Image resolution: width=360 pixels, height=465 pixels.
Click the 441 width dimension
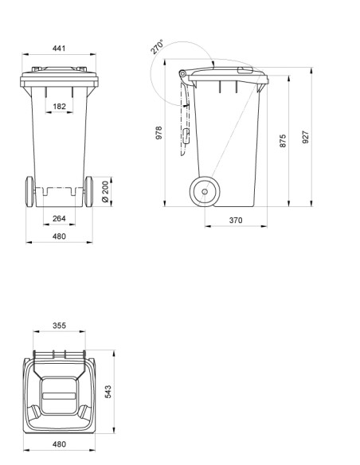59,49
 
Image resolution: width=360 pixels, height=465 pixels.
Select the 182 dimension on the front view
59,105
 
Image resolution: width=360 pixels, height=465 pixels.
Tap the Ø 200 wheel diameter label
105,191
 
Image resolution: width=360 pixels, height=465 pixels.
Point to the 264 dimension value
59,218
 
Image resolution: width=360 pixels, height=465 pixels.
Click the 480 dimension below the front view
59,236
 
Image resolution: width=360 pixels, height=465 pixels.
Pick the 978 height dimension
159,134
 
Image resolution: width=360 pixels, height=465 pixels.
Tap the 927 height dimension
305,136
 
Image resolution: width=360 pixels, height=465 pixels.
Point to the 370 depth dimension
235,220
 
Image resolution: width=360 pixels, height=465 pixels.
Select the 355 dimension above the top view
59,325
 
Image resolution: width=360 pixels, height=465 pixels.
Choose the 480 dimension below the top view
59,444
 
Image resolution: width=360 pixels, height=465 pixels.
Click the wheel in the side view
205,191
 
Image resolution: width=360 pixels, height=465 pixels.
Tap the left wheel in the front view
29,191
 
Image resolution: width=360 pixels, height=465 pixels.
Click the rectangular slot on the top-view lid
59,393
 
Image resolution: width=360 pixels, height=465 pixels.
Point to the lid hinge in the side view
183,75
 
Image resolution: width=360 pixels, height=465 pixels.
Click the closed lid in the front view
59,77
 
